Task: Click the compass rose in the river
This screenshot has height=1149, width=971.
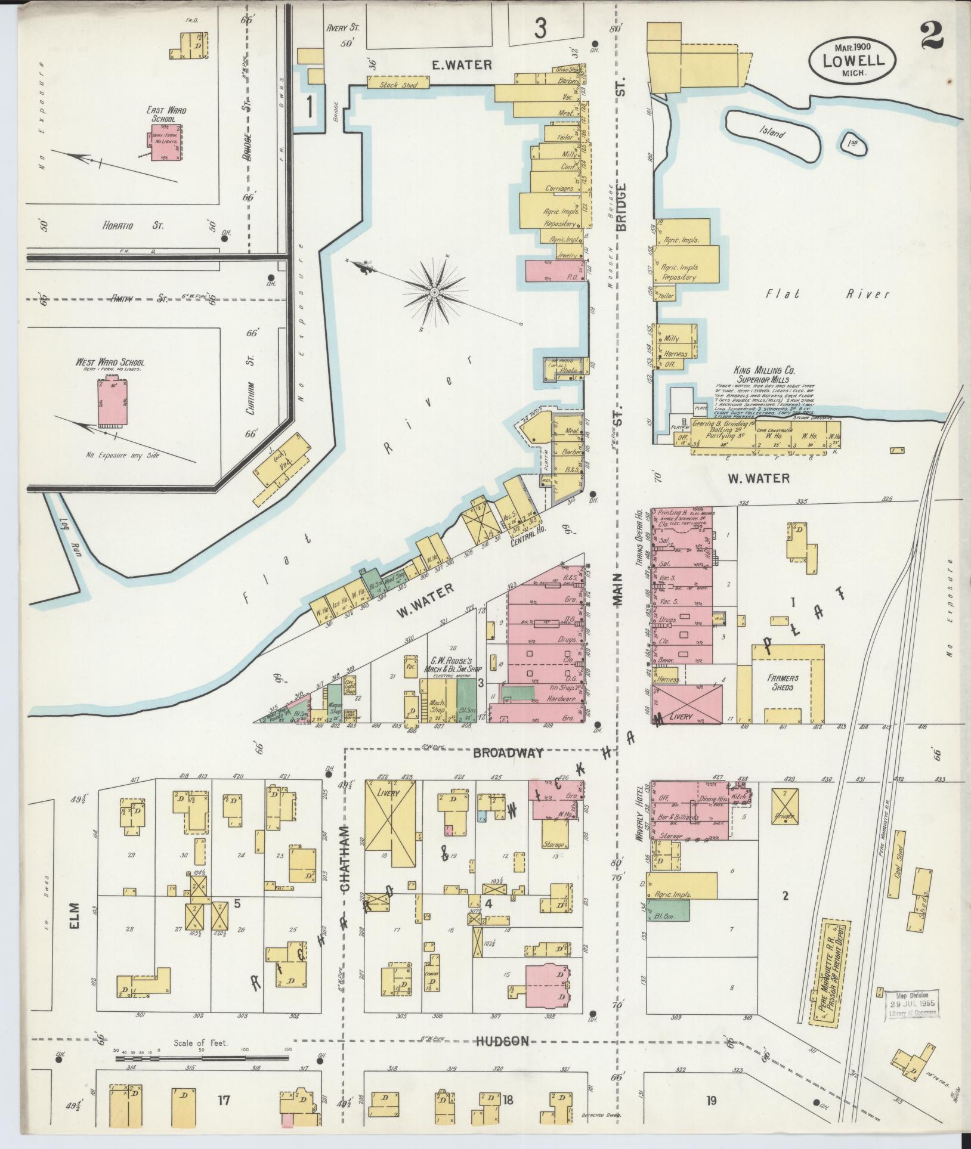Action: [435, 292]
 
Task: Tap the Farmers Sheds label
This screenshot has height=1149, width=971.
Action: [782, 682]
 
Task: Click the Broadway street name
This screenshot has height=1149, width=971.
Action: [508, 752]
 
